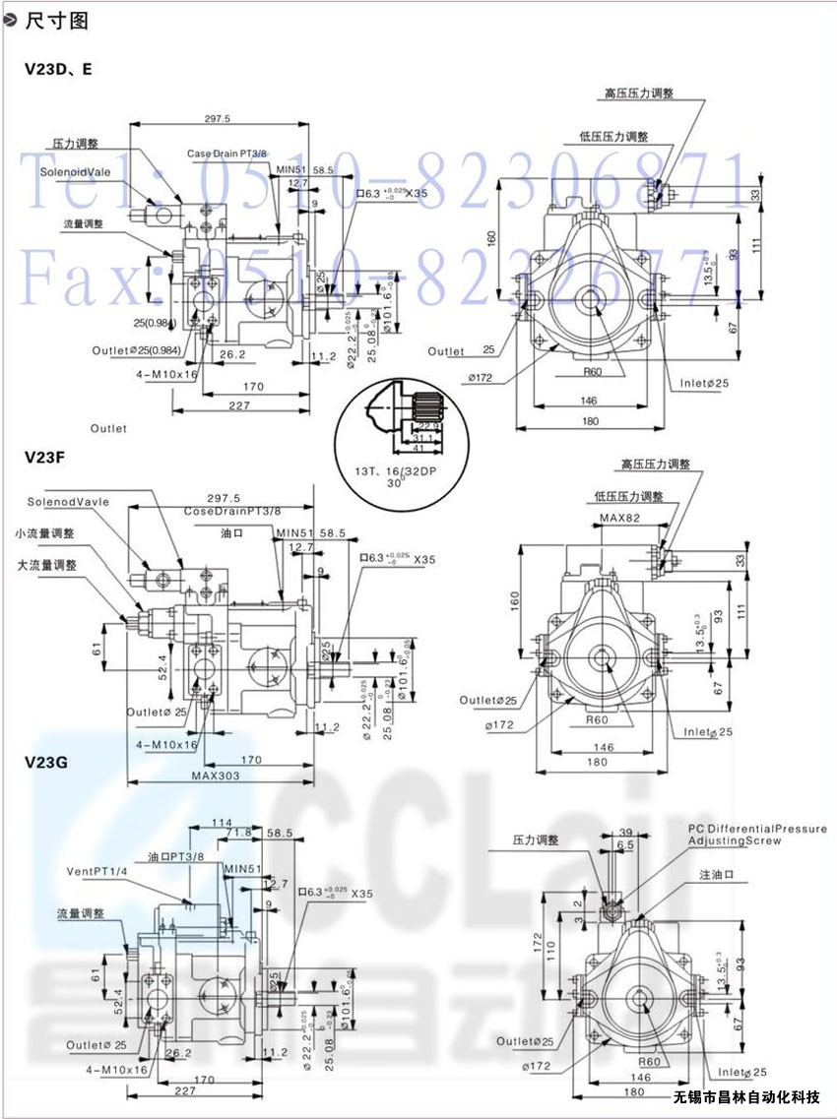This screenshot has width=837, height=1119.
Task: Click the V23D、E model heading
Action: (x=58, y=70)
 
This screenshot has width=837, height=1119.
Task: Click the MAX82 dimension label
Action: (x=619, y=518)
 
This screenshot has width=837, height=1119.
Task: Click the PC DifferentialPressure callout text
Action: (x=757, y=830)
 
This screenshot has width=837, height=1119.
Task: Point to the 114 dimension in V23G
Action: (x=222, y=822)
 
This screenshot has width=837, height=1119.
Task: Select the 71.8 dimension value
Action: (x=239, y=833)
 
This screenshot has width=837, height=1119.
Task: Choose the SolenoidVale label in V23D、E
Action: (x=77, y=171)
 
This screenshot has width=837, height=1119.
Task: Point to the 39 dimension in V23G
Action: (x=625, y=832)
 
